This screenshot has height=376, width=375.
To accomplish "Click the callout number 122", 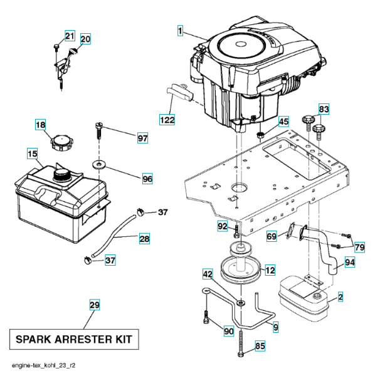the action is click(x=167, y=120).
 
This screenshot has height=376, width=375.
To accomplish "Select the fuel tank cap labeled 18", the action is click(x=62, y=143).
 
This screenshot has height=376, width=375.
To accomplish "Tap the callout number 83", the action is click(x=324, y=109).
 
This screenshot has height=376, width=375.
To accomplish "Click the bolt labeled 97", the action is click(x=98, y=130).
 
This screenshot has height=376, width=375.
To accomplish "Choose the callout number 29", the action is click(x=95, y=305).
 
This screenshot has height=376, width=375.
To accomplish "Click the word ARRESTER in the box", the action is click(x=83, y=339).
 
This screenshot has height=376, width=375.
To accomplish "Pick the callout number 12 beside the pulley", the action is click(x=270, y=270).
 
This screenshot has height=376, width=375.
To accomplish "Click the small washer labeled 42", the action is click(x=241, y=303).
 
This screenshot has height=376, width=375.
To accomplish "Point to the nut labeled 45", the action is click(x=260, y=135).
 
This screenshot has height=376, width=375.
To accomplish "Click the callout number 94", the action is click(x=349, y=262).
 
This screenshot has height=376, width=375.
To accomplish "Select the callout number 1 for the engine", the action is click(x=180, y=31).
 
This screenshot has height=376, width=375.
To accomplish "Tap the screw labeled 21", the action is click(x=56, y=48).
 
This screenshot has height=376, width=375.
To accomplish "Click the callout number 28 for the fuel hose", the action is click(x=144, y=239).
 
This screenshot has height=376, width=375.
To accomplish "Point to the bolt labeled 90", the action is click(x=206, y=316).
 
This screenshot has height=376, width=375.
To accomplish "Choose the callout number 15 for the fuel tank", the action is click(x=33, y=154).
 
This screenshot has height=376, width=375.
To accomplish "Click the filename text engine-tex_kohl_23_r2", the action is click(x=43, y=365).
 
